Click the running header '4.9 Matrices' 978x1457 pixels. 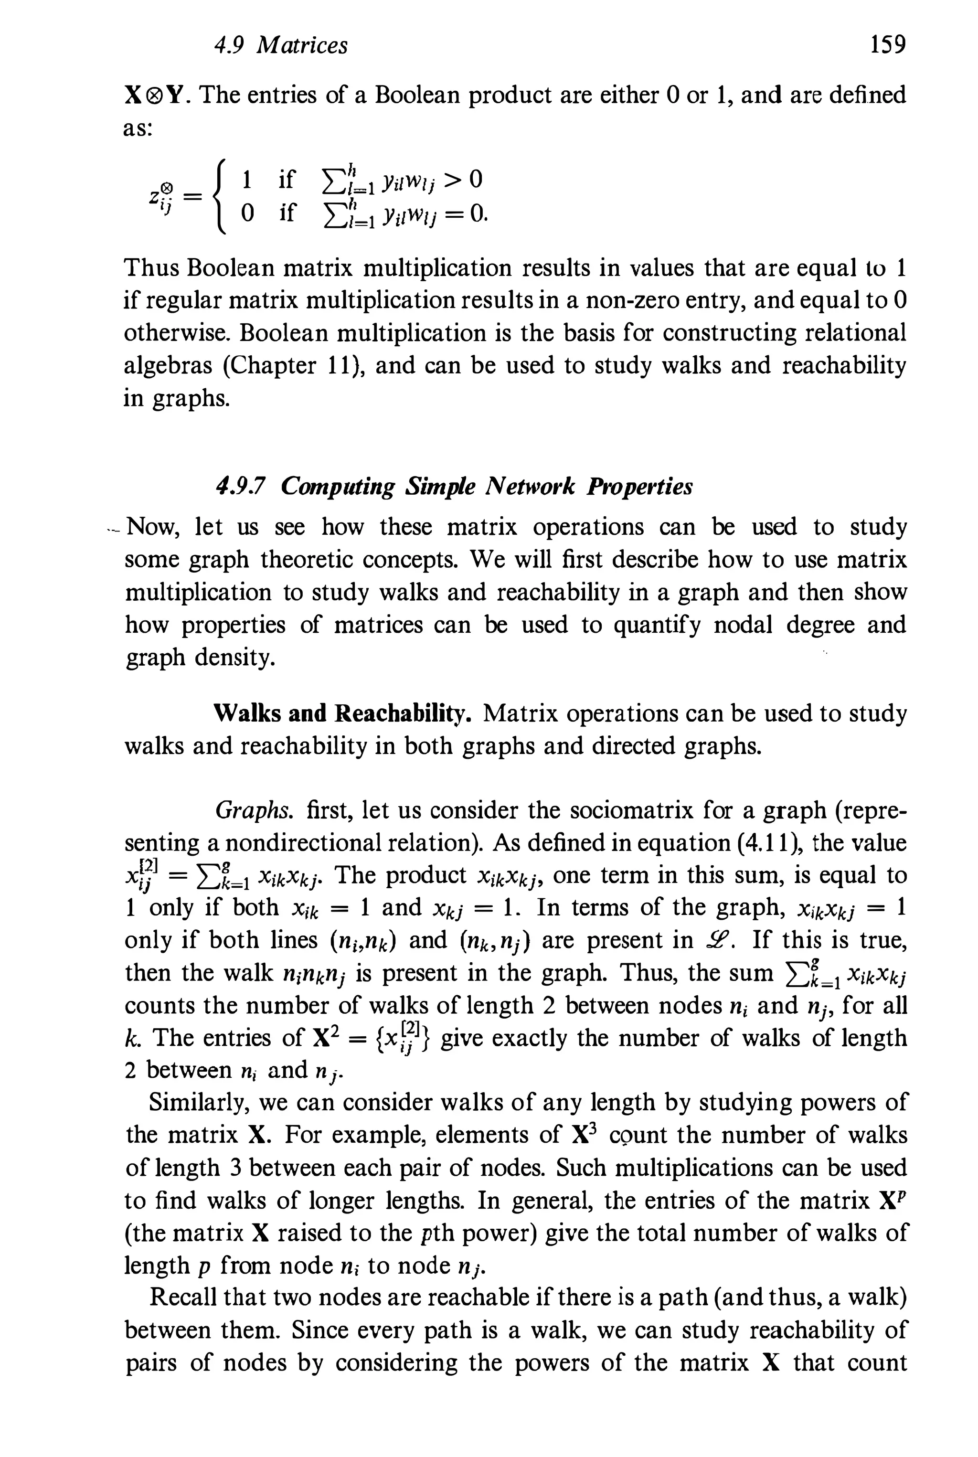point(281,45)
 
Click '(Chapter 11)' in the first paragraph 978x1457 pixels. point(289,365)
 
